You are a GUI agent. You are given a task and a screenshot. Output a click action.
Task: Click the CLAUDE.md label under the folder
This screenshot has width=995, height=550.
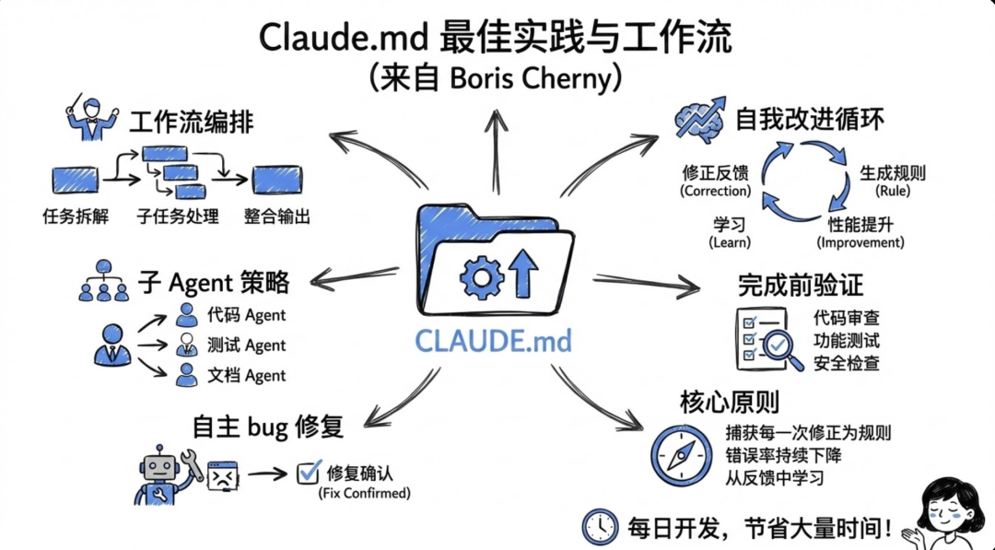(493, 341)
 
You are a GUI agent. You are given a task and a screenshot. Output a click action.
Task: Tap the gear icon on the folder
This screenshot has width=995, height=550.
(481, 275)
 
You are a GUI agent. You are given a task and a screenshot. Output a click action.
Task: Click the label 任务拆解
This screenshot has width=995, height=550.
(76, 217)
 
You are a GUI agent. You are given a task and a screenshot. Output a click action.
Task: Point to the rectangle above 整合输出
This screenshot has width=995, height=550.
(277, 179)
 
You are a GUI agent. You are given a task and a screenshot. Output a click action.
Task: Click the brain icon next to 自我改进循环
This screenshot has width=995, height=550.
(701, 120)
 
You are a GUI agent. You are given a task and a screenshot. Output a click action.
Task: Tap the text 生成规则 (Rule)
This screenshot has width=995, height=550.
(893, 181)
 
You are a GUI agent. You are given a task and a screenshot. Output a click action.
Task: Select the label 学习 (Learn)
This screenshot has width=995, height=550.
(729, 233)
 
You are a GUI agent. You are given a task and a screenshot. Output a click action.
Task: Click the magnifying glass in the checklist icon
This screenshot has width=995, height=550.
(779, 345)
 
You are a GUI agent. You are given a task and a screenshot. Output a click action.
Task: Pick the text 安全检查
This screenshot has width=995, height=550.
(846, 363)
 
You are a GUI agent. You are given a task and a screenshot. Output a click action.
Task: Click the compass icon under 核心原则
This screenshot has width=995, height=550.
(682, 454)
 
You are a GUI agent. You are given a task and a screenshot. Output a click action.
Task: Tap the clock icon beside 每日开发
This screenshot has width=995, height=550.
(600, 526)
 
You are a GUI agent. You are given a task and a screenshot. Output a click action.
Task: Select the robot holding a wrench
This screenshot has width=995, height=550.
(164, 471)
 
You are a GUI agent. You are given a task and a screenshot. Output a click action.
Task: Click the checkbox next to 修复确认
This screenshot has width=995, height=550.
(307, 474)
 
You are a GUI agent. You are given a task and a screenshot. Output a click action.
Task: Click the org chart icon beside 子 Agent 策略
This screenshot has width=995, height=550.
(103, 281)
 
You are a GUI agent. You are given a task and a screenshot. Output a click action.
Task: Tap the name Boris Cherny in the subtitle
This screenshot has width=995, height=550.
(531, 80)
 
